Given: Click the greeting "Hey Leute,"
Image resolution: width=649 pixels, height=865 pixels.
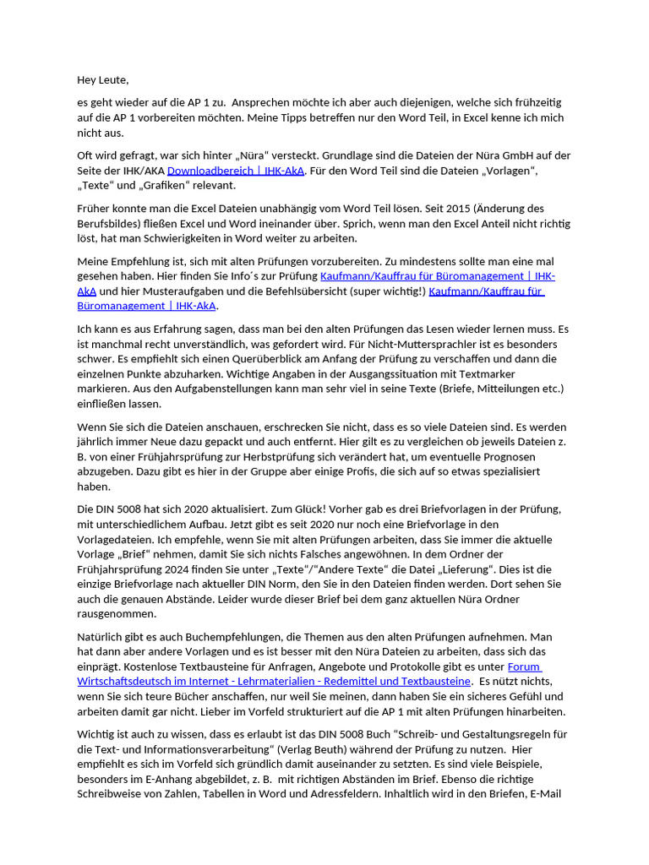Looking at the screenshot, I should coord(102,80).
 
